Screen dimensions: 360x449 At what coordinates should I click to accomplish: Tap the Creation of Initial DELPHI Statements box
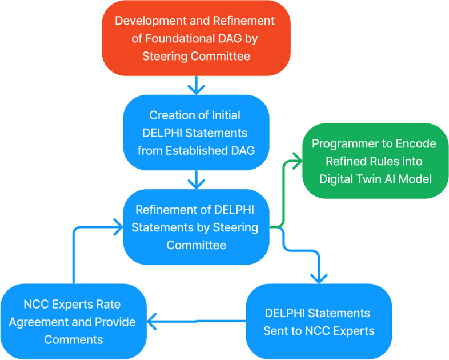pos(195,133)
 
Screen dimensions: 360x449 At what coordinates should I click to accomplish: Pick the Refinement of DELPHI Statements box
pos(195,227)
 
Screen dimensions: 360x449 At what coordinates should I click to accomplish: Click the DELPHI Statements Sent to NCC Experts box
pos(318,322)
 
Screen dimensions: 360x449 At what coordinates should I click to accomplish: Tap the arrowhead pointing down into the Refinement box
pos(195,184)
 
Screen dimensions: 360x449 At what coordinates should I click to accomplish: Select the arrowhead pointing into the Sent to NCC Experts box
pos(319,278)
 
